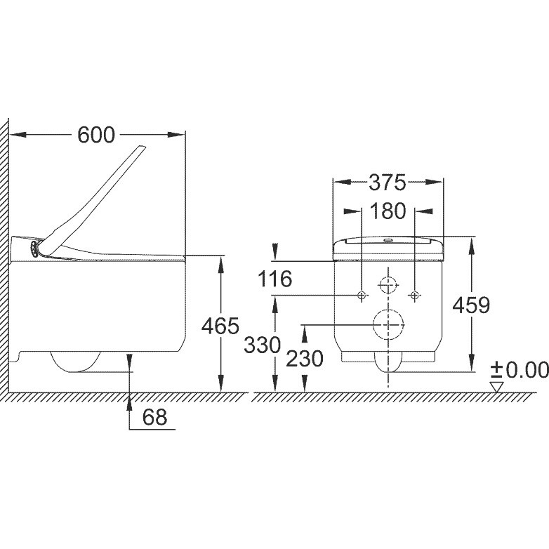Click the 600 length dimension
point(96,135)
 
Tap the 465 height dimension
point(220,326)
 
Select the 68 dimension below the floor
point(154,417)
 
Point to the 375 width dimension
point(388,183)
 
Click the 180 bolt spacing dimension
point(388,211)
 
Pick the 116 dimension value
point(274,279)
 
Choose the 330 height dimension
point(263,345)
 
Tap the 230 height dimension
point(304,359)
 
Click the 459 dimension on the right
point(471,305)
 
